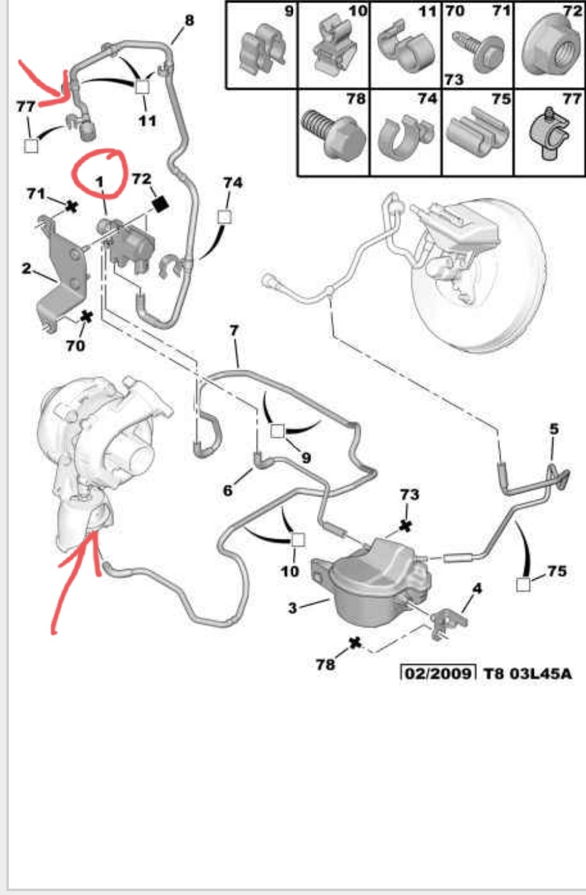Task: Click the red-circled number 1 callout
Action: tap(100, 182)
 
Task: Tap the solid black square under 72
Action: tap(161, 205)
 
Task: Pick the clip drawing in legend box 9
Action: tap(262, 51)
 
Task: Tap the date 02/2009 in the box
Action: tap(438, 674)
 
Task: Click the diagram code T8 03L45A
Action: tap(528, 674)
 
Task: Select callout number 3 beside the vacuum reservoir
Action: tap(292, 608)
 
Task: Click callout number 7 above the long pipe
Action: tap(233, 330)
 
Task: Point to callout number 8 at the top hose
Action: tap(189, 20)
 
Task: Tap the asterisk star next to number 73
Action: tap(406, 526)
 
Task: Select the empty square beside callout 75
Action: tap(523, 584)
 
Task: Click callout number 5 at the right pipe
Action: tap(553, 429)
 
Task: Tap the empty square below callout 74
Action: tap(225, 217)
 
